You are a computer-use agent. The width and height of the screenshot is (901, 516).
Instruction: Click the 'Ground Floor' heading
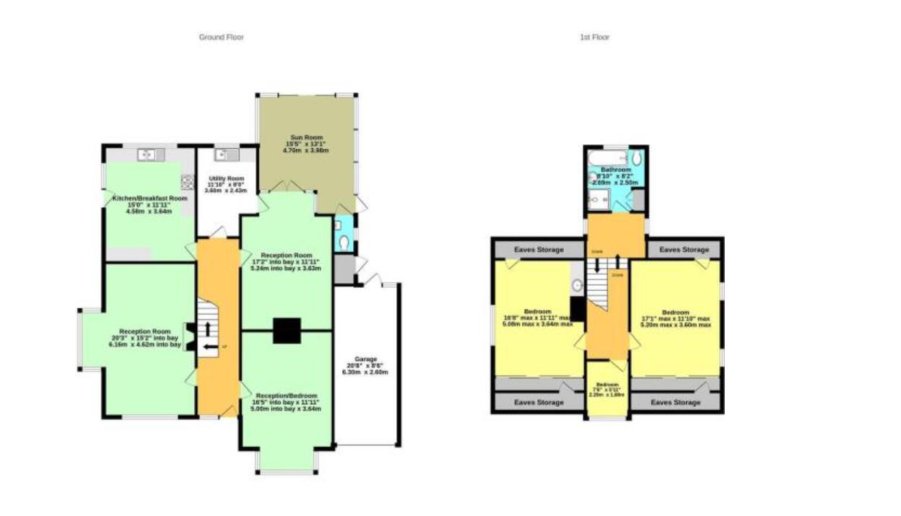[221, 37]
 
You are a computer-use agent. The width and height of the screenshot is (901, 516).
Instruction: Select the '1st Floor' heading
[594, 37]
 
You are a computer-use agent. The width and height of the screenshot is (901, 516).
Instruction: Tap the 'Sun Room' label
[307, 137]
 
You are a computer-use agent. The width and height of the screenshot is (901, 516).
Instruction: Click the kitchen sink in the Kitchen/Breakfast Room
[147, 154]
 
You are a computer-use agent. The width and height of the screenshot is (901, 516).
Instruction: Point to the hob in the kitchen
[188, 181]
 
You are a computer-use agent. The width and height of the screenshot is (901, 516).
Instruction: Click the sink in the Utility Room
[227, 154]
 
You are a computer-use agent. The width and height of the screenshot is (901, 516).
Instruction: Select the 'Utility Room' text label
[227, 178]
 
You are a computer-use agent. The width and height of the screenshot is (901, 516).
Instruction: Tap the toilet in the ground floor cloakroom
[346, 243]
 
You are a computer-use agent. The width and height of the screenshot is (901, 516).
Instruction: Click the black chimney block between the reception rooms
[287, 331]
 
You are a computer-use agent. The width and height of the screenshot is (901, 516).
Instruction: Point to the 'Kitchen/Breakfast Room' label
[149, 198]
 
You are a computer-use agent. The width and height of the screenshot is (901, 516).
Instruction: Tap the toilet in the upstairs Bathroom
[636, 158]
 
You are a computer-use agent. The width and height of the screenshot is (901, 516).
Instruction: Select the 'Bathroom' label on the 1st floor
[616, 170]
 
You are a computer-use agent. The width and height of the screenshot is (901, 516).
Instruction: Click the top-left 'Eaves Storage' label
[539, 250]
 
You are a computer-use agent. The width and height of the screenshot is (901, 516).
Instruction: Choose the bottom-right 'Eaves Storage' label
[675, 402]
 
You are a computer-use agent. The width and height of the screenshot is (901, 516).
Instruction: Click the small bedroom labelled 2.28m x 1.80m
[606, 389]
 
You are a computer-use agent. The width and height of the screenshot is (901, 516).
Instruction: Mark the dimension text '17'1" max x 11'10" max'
[676, 318]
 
